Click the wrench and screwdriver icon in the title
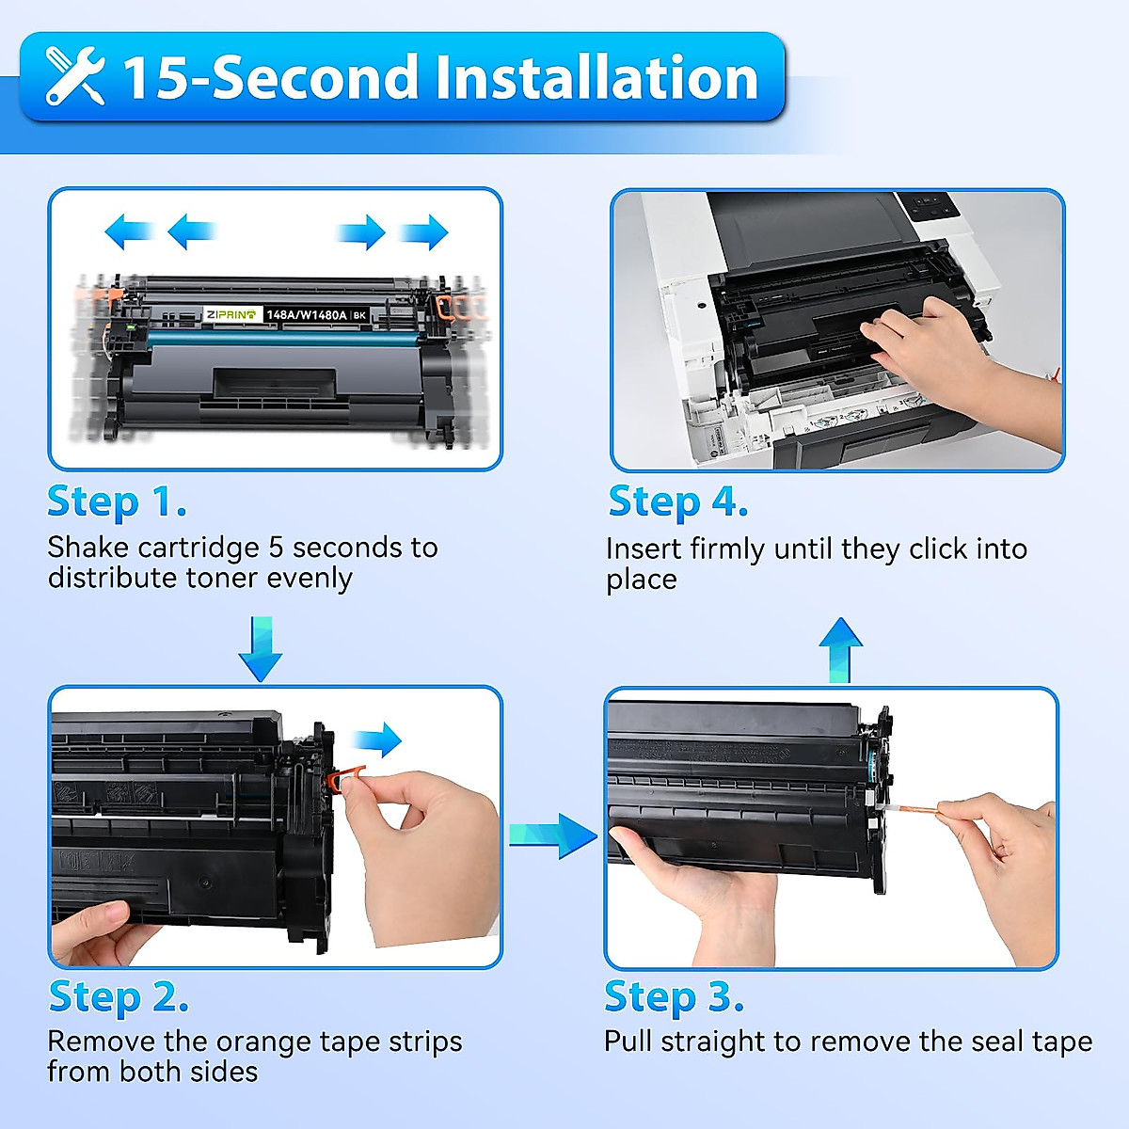(75, 78)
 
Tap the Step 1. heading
(117, 501)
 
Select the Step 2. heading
(119, 996)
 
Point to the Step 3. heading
(674, 996)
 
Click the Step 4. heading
(677, 501)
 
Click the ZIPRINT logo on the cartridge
(231, 314)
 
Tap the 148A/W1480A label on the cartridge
(307, 314)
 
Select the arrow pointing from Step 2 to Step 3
(554, 835)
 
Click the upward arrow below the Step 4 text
(840, 650)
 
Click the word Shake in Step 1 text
(87, 548)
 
